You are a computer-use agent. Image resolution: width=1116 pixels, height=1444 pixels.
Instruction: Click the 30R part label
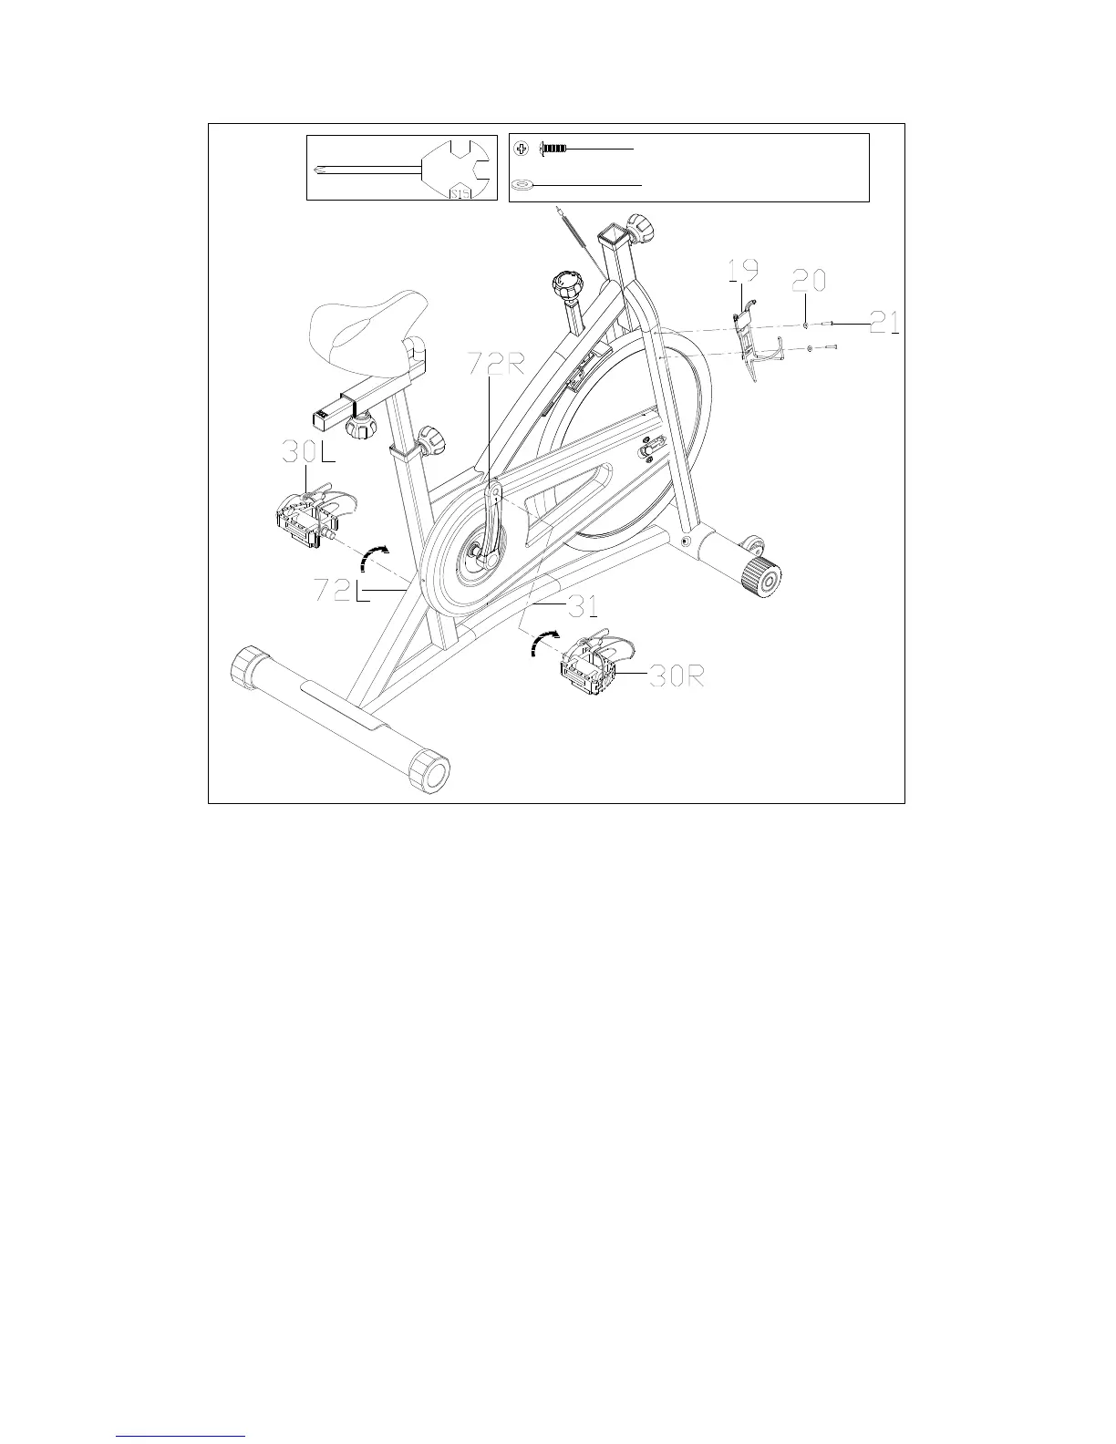click(676, 676)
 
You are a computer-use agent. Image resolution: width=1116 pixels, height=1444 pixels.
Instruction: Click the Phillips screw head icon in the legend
click(521, 148)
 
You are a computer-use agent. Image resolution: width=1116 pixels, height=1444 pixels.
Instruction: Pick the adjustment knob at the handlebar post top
click(641, 224)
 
